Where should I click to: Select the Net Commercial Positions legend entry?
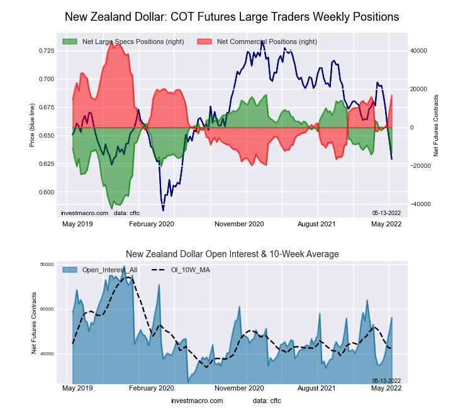[x=267, y=41]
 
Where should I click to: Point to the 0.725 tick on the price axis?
[x=47, y=50]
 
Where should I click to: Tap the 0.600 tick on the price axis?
[x=47, y=192]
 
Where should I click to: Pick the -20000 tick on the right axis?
[x=419, y=166]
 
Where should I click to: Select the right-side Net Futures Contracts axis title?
[x=435, y=126]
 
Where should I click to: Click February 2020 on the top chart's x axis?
[x=151, y=224]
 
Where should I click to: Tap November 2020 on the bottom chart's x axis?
[x=239, y=390]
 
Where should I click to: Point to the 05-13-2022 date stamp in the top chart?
[x=386, y=213]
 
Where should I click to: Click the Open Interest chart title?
[x=232, y=254]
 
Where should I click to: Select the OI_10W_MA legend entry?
[x=191, y=270]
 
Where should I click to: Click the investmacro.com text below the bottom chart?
[x=197, y=401]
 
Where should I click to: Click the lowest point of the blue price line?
[x=163, y=210]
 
